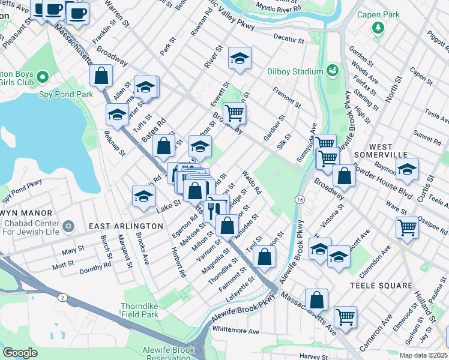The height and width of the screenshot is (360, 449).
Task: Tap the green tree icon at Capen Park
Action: click(x=378, y=28)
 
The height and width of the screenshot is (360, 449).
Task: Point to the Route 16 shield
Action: click(x=300, y=199)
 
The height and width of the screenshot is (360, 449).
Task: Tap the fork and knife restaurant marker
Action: click(x=213, y=209)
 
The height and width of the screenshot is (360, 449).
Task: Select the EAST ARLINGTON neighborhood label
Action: click(x=125, y=226)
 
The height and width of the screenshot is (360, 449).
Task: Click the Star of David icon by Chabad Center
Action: click(x=68, y=226)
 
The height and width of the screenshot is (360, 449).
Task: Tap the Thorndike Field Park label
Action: click(x=139, y=310)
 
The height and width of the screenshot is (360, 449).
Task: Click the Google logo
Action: click(x=19, y=353)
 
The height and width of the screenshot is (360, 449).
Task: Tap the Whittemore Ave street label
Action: click(x=236, y=331)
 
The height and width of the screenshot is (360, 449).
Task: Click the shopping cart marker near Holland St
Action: click(x=407, y=227)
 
